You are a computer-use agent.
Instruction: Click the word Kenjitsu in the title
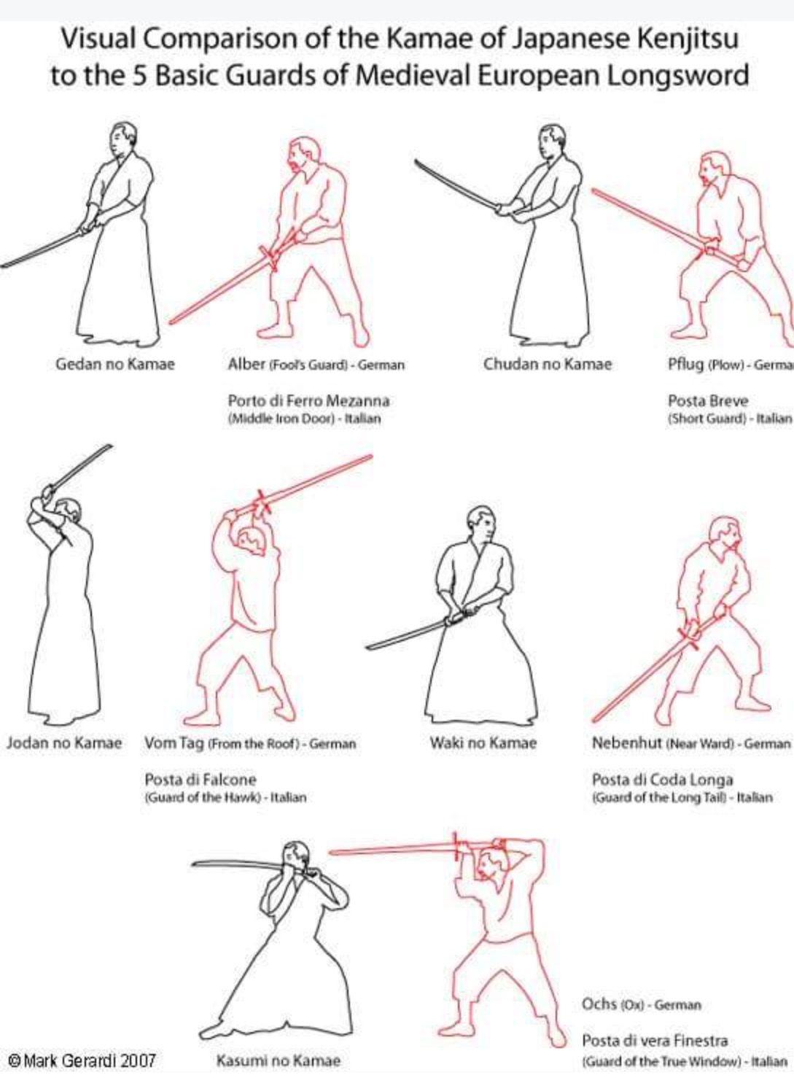688,40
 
